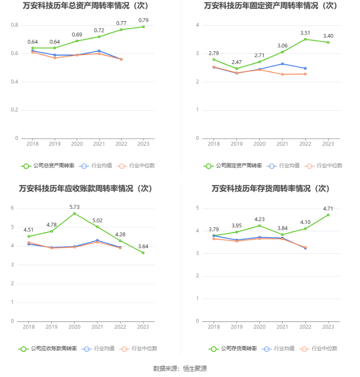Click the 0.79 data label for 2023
point(144,20)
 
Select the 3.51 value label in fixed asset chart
point(305,32)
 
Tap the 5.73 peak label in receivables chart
point(74,207)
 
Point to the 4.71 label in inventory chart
point(328,208)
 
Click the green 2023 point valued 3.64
point(143,253)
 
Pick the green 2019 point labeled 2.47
point(237,69)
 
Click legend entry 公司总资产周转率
point(48,166)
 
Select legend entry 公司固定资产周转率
point(233,166)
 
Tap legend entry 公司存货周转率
point(233,349)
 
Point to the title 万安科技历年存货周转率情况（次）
point(271,189)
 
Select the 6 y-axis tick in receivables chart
point(13,208)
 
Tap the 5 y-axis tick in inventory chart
point(198,208)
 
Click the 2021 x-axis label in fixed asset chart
point(282,144)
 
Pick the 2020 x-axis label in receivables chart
point(74,327)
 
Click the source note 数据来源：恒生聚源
point(180,369)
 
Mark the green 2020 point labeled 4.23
point(259,225)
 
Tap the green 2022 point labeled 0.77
point(121,30)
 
